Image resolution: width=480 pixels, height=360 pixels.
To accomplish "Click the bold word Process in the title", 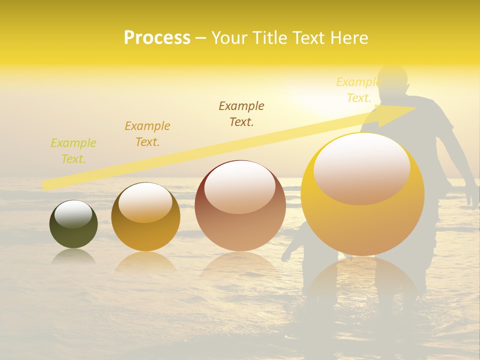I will [157, 38].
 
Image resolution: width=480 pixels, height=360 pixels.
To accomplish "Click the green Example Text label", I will [73, 151].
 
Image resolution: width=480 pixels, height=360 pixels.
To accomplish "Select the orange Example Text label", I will [147, 134].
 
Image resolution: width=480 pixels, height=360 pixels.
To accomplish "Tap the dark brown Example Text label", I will [241, 113].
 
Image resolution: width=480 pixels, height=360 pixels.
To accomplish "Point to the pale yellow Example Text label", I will [358, 90].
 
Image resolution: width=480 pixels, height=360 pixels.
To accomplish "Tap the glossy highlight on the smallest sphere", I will [73, 214].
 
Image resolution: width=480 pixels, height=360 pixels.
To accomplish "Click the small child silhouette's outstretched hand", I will [286, 258].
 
